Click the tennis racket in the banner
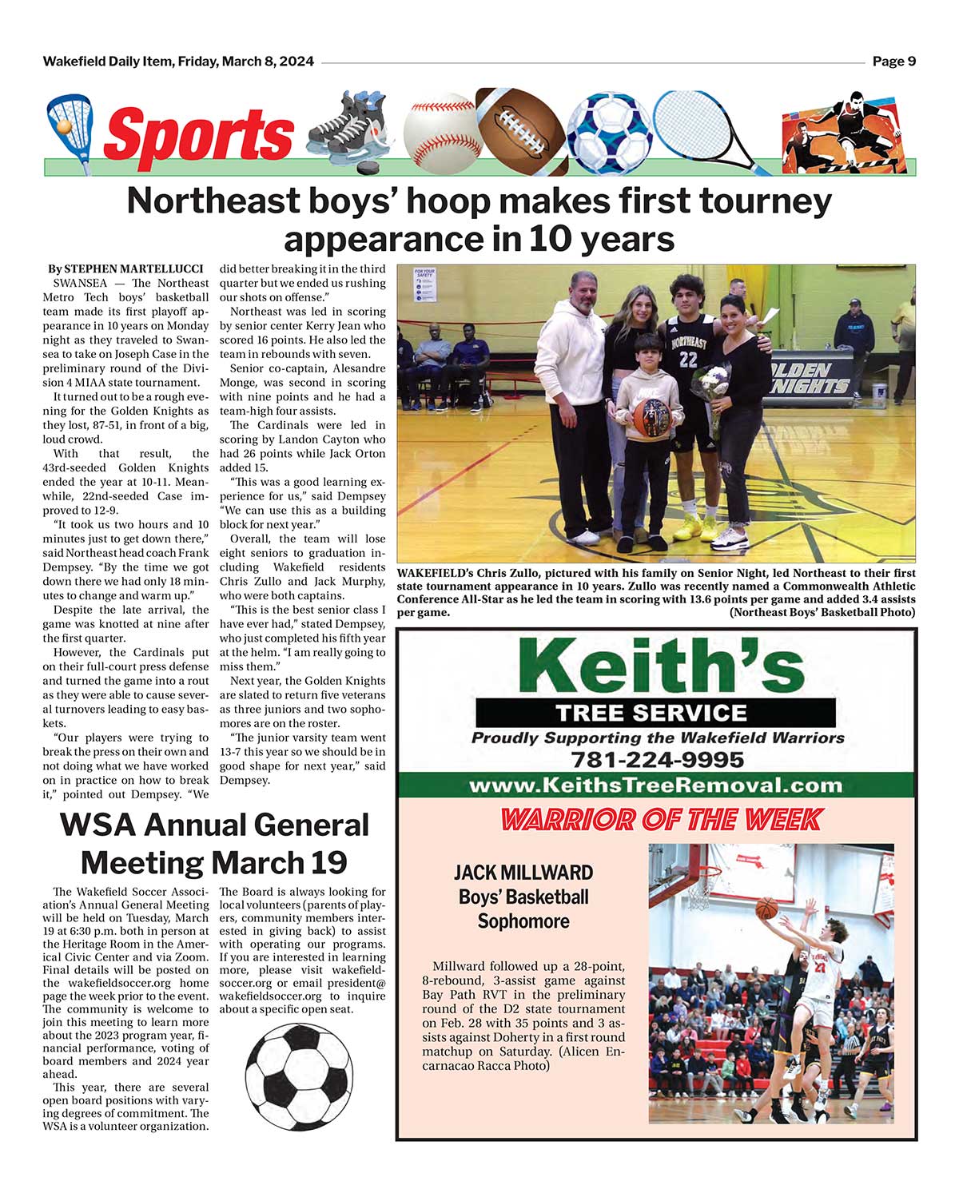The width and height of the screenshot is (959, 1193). pos(703,128)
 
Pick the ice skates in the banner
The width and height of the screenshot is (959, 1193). pos(348,128)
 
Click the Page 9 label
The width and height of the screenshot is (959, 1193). pos(893,62)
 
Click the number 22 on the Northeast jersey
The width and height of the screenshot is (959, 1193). pos(688,360)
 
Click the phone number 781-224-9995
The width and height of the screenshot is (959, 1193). pos(658,759)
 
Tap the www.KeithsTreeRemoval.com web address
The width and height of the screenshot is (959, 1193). pos(655,785)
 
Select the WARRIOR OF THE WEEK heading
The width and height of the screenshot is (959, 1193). pos(660,819)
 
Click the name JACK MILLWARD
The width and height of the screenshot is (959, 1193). pos(523,873)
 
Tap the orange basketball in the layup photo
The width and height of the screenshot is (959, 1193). pos(766,908)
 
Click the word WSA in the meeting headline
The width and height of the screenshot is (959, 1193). pos(102,825)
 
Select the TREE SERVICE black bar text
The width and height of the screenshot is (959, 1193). pos(651,712)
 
